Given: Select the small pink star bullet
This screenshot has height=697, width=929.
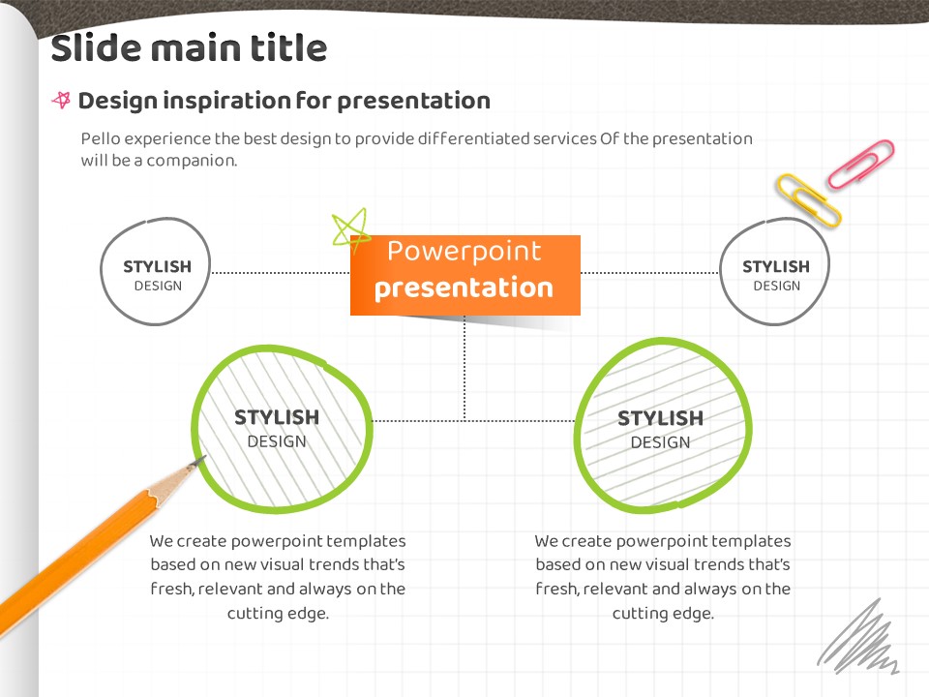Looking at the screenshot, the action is coord(62,100).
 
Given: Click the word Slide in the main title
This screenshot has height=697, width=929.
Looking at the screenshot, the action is coord(96,47).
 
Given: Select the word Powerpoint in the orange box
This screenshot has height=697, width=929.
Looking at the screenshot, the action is coord(464,252).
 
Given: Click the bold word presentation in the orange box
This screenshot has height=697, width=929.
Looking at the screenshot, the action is coord(464,288).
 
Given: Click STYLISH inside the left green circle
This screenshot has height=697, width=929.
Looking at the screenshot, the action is coord(277,417).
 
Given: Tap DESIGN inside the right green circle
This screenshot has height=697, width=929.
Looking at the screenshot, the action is coord(660,442).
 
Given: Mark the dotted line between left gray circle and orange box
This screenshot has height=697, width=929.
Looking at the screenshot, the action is coord(281,273).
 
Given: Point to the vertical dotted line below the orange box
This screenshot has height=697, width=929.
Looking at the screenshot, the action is coord(464,368).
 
